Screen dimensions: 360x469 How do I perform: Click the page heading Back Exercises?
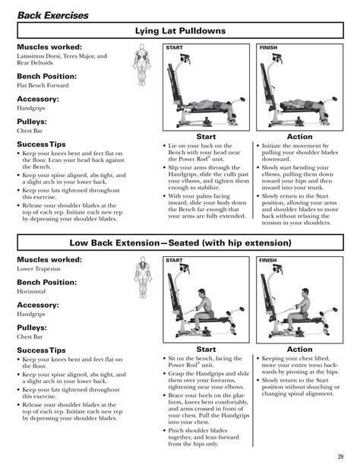[x=53, y=15]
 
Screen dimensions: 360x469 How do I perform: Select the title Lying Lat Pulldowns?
[x=180, y=31]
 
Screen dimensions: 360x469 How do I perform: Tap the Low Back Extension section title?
[x=180, y=243]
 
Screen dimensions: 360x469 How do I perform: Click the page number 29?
[x=340, y=457]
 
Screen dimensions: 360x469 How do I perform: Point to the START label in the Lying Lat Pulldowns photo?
[x=174, y=48]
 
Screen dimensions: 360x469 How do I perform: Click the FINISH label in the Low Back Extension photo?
[x=268, y=261]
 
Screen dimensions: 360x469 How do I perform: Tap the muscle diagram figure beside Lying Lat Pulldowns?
[x=142, y=65]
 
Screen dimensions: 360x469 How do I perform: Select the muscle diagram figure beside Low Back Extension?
[x=143, y=277]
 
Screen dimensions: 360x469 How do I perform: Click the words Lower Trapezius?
[x=39, y=268]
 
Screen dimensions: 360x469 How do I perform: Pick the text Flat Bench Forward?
[x=43, y=85]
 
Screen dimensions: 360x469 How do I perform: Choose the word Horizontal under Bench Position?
[x=31, y=291]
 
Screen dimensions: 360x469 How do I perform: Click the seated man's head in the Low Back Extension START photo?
[x=202, y=293]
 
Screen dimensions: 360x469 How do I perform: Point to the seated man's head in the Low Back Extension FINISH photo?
[x=305, y=292]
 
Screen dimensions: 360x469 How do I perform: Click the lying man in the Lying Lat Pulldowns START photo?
[x=208, y=106]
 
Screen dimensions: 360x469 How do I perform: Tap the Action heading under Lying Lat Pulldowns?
[x=300, y=137]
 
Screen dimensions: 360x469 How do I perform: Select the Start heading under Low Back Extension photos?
[x=206, y=350]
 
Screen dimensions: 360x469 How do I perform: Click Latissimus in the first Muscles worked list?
[x=30, y=56]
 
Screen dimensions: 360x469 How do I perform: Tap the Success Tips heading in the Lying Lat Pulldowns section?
[x=41, y=144]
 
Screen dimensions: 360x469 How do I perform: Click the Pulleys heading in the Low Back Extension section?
[x=32, y=328]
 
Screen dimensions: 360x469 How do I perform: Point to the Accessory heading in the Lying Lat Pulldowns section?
[x=38, y=99]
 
